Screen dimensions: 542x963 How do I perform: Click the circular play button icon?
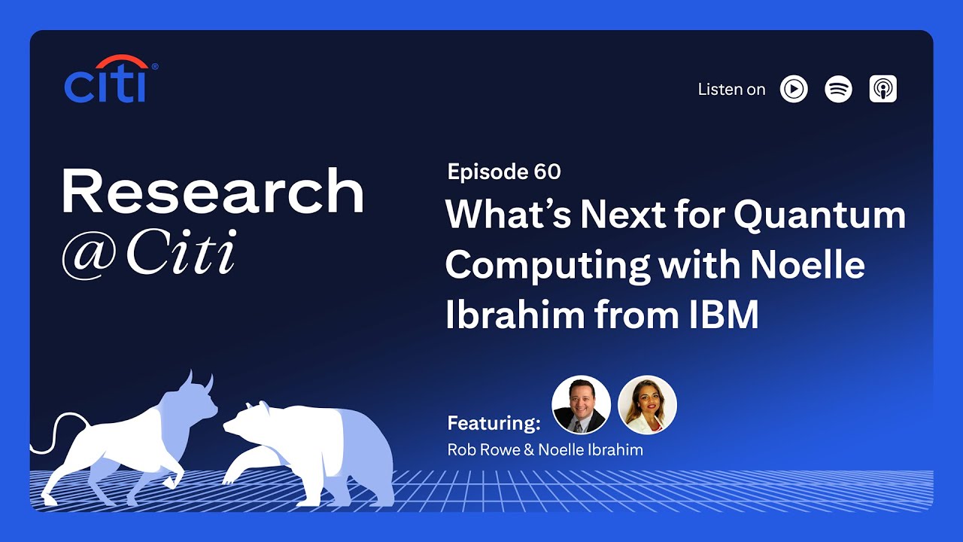(x=794, y=89)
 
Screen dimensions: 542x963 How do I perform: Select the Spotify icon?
(x=838, y=89)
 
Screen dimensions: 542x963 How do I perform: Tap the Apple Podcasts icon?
(x=882, y=89)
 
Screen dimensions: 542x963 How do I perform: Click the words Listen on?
(x=731, y=90)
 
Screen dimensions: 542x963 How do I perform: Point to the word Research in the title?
(x=212, y=192)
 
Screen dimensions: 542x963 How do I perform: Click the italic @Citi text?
(x=148, y=254)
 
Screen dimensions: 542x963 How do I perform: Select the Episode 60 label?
(x=503, y=172)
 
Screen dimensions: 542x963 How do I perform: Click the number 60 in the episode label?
(x=547, y=172)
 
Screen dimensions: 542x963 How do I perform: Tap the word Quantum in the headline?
(x=819, y=215)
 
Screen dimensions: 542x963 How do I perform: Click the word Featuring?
(x=494, y=423)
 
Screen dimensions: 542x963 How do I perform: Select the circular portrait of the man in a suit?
(x=581, y=405)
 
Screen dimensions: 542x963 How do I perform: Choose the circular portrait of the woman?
(x=647, y=405)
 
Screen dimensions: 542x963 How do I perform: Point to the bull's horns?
(x=199, y=381)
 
